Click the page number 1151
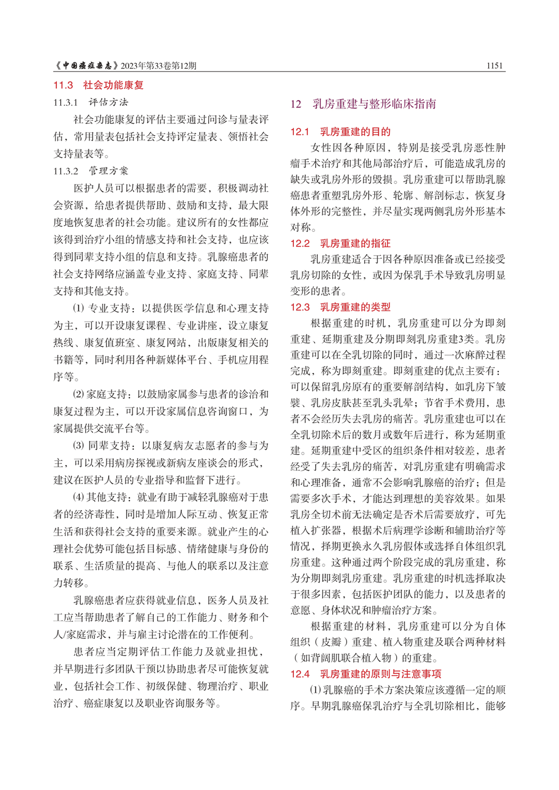pos(494,65)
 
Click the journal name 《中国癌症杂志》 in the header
pos(86,65)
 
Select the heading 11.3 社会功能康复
pos(98,85)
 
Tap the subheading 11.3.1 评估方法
pos(91,102)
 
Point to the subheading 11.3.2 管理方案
pos(91,171)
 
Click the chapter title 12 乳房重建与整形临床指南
pos(363,104)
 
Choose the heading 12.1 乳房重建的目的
pos(340,131)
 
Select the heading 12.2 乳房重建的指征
pos(340,243)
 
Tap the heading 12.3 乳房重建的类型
pos(340,307)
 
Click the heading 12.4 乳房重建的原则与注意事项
pos(365,674)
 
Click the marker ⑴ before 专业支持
pos(78,309)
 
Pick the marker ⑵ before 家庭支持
pos(78,394)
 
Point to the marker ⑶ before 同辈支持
pos(78,446)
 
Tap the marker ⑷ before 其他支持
pos(78,497)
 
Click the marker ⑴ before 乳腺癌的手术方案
pos(315,690)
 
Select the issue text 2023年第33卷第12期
pos(159,66)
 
